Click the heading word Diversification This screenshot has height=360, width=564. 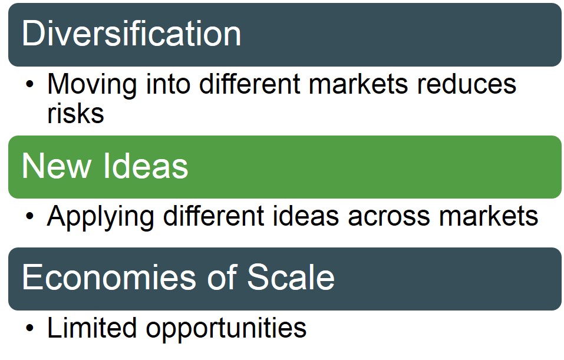click(x=131, y=34)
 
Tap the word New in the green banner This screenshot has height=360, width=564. click(x=56, y=166)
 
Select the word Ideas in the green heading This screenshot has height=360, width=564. click(x=146, y=166)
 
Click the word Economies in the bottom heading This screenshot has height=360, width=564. click(x=109, y=278)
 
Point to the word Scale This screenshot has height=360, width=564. click(x=291, y=277)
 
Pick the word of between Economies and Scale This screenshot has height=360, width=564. click(x=222, y=276)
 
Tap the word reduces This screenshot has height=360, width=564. click(x=467, y=84)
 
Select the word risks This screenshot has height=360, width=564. click(x=75, y=113)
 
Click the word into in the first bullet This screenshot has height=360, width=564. click(x=168, y=84)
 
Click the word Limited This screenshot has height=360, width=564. click(x=92, y=327)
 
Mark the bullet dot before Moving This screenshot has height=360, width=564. click(x=29, y=85)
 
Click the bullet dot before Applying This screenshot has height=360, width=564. click(x=29, y=216)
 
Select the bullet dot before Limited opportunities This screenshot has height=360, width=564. click(x=29, y=328)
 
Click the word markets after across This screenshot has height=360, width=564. click(x=489, y=216)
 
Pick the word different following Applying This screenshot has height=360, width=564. click(x=214, y=216)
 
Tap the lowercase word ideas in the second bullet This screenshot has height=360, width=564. click(x=306, y=216)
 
